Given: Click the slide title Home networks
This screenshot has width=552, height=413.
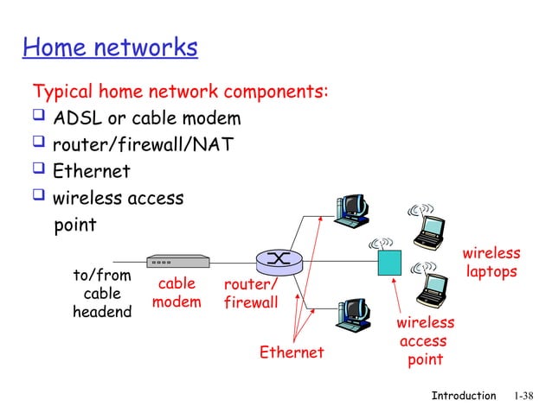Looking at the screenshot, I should tap(110, 47).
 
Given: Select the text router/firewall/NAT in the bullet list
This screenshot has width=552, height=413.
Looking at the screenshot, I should tap(143, 145).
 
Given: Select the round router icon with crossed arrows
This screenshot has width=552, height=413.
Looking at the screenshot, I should tap(277, 260).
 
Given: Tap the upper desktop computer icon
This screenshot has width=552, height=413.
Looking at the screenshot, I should tap(353, 209).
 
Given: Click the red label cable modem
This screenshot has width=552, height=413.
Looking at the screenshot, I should tap(177, 293).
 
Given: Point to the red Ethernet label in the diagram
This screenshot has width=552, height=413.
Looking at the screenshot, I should tap(292, 353).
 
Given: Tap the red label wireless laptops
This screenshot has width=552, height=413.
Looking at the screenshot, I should tap(491, 263).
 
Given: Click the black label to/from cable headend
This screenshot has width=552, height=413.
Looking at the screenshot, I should tap(102, 293).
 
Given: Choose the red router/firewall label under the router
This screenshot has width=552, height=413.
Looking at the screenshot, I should tap(251, 294).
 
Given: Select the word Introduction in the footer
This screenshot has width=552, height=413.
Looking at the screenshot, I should tap(464, 396).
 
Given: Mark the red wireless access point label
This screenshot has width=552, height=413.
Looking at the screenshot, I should tap(425, 340).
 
